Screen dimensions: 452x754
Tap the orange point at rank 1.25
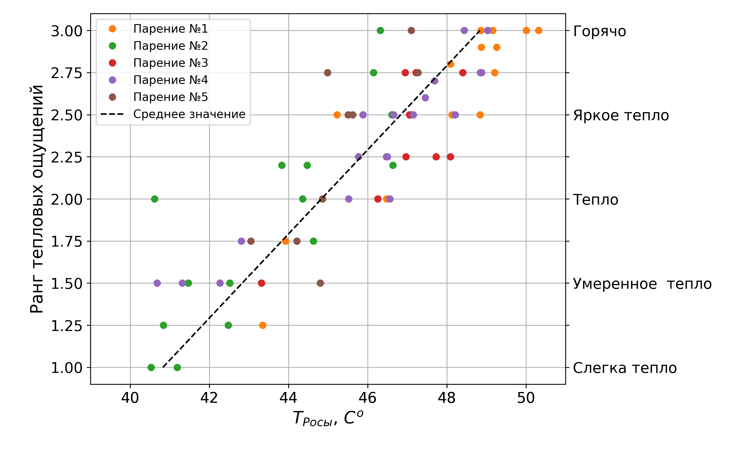point(262,325)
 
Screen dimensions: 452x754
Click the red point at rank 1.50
point(261,283)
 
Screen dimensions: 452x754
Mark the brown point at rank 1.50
point(320,283)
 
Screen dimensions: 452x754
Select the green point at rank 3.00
point(380,30)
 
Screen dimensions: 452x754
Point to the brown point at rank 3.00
point(411,30)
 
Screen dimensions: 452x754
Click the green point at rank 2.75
point(373,73)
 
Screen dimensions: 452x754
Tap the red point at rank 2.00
point(378,199)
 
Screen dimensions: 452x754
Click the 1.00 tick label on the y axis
point(66,368)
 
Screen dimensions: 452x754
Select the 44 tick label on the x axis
point(288,398)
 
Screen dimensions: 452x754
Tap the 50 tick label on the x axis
point(526,398)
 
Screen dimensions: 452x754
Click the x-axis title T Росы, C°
point(328,418)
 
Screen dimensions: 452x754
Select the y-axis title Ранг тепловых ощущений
point(37,199)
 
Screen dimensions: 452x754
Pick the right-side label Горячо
point(599,31)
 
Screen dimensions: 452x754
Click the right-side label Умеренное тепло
point(642,284)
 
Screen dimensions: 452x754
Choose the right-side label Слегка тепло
point(625,368)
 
